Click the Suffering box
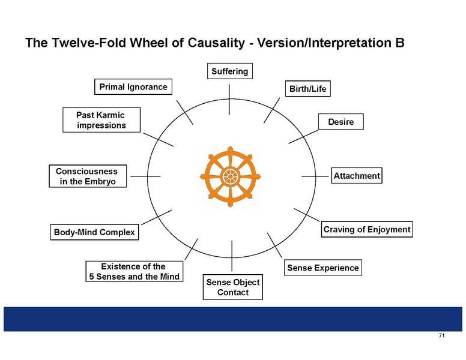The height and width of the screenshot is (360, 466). [x=230, y=71]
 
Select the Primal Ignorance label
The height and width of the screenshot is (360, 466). [x=133, y=87]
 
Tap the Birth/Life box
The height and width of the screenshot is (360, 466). [x=308, y=89]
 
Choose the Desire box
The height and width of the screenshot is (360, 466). [x=341, y=121]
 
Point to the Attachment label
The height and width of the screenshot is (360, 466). [x=357, y=176]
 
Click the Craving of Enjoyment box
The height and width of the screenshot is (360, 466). [x=367, y=229]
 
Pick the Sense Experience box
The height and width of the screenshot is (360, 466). [x=322, y=268]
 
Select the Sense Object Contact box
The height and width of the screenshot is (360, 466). [x=233, y=287]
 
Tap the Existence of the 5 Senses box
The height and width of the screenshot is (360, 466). [x=135, y=271]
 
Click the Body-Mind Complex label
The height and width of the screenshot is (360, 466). [x=94, y=232]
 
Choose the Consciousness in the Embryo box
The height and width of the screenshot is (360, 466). [x=88, y=176]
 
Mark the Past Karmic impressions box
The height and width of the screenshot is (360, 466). [x=101, y=120]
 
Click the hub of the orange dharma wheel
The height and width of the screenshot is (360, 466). [x=230, y=177]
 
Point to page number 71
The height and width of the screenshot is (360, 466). [x=441, y=335]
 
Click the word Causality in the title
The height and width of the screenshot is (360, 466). [x=216, y=43]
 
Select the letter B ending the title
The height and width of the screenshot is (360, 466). [x=400, y=43]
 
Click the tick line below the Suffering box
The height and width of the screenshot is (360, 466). [x=229, y=100]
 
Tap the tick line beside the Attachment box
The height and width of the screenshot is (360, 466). [x=315, y=176]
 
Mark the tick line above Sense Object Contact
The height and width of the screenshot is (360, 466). [x=232, y=256]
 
